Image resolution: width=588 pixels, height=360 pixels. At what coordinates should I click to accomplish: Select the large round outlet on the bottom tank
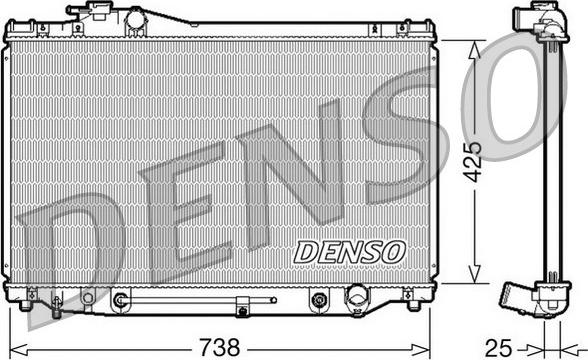tap(355, 296)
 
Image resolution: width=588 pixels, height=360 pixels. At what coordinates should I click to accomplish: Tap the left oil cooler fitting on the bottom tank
tap(121, 298)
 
